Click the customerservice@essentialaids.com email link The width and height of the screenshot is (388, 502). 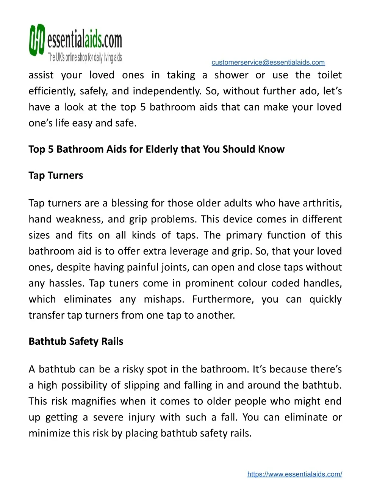click(x=268, y=63)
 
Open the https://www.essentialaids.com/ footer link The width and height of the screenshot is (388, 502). click(x=294, y=474)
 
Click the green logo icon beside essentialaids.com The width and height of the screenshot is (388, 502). click(x=37, y=40)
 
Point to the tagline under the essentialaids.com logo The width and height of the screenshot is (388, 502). click(x=84, y=58)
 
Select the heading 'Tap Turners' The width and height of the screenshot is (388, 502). click(x=56, y=175)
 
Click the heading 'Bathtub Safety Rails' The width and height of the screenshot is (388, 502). click(x=76, y=341)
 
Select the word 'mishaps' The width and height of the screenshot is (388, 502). click(x=164, y=299)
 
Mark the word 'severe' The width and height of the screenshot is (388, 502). click(x=108, y=417)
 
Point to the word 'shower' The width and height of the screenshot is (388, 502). click(x=231, y=75)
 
